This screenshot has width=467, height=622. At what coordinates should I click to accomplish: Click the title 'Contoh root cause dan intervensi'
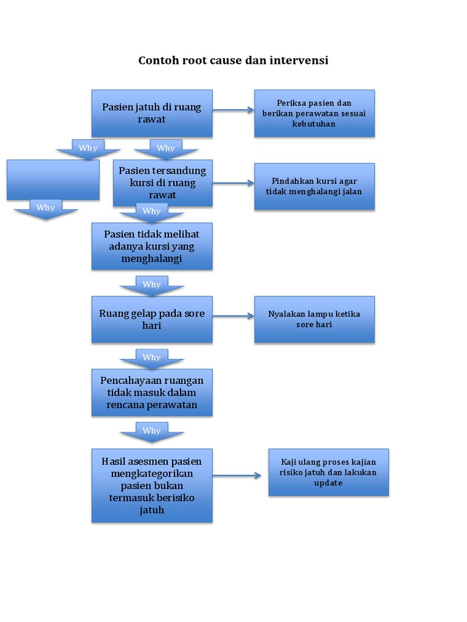[x=233, y=61]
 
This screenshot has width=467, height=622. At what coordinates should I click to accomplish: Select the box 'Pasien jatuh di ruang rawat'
[x=151, y=114]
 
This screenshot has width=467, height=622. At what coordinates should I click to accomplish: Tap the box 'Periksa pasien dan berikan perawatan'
[x=314, y=114]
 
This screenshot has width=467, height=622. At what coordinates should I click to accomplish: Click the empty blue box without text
[x=53, y=180]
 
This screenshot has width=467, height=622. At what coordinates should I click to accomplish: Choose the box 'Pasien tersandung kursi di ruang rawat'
[x=162, y=183]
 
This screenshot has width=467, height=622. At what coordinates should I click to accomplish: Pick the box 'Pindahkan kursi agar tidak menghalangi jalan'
[x=314, y=186]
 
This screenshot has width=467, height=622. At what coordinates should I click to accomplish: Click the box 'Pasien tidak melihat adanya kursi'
[x=151, y=246]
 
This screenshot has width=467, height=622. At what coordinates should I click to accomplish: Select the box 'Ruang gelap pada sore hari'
[x=151, y=320]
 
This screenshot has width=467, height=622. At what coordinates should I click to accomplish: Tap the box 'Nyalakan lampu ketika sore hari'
[x=314, y=320]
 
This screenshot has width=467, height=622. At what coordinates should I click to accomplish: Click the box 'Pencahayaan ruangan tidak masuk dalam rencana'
[x=151, y=392]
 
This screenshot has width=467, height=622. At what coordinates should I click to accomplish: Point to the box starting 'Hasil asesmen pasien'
[x=151, y=485]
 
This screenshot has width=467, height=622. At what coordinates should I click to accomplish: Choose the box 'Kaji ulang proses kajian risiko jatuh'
[x=328, y=473]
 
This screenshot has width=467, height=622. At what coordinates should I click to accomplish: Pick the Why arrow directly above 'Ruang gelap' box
[x=151, y=285]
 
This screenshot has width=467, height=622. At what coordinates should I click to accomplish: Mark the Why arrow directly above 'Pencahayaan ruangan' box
[x=151, y=358]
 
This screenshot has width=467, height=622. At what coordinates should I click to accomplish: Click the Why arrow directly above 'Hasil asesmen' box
[x=151, y=431]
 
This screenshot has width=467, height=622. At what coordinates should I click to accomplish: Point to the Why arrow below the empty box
[x=46, y=209]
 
